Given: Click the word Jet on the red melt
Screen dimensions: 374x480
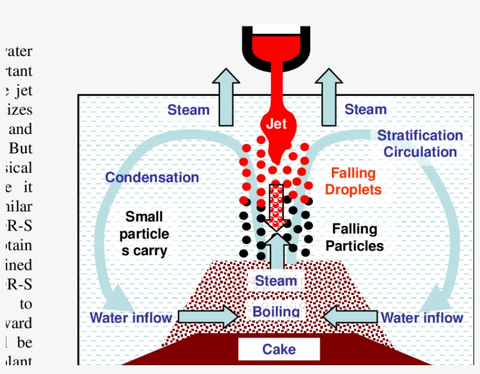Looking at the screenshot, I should pyautogui.click(x=276, y=124).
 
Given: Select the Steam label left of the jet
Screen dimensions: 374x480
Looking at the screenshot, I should pyautogui.click(x=188, y=109).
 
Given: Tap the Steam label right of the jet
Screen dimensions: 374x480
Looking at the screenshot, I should pyautogui.click(x=365, y=109).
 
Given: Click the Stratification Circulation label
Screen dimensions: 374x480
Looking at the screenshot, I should pyautogui.click(x=420, y=143).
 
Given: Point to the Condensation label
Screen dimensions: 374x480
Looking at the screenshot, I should pyautogui.click(x=152, y=177).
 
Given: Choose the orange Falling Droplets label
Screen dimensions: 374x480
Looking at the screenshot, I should pyautogui.click(x=353, y=181).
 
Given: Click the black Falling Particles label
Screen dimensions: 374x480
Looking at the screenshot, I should pyautogui.click(x=355, y=237).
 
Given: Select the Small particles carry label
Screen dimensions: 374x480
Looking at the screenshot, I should pyautogui.click(x=144, y=234).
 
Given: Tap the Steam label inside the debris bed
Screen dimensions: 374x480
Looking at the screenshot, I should pyautogui.click(x=276, y=281).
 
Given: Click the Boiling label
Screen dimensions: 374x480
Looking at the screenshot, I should pyautogui.click(x=276, y=311).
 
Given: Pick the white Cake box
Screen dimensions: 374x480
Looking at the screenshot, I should pyautogui.click(x=279, y=349).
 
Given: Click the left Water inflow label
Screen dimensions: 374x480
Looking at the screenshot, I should pyautogui.click(x=131, y=318).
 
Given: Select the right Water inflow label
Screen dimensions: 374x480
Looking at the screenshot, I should pyautogui.click(x=422, y=318).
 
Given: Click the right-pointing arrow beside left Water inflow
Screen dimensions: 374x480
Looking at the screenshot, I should pyautogui.click(x=208, y=317).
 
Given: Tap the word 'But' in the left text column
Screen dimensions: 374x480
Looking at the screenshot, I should pyautogui.click(x=20, y=149).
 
